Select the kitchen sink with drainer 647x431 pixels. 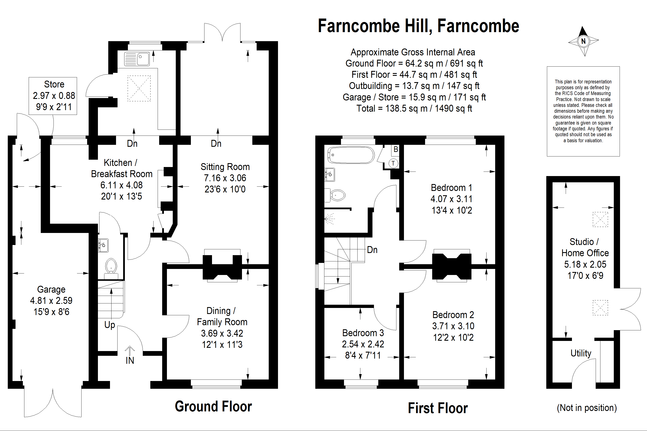pyautogui.click(x=137, y=59)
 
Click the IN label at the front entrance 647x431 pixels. pyautogui.click(x=130, y=360)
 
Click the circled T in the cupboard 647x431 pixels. pyautogui.click(x=393, y=163)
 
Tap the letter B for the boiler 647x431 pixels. pyautogui.click(x=396, y=149)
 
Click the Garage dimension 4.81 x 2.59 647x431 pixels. pyautogui.click(x=51, y=300)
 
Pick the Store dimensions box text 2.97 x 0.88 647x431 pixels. pyautogui.click(x=54, y=96)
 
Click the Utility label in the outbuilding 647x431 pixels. pyautogui.click(x=581, y=353)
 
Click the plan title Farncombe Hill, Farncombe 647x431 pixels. pyautogui.click(x=418, y=26)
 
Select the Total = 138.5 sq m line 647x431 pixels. pyautogui.click(x=414, y=108)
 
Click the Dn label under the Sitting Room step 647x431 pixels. pyautogui.click(x=216, y=144)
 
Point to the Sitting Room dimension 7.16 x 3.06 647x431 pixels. pyautogui.click(x=225, y=178)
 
